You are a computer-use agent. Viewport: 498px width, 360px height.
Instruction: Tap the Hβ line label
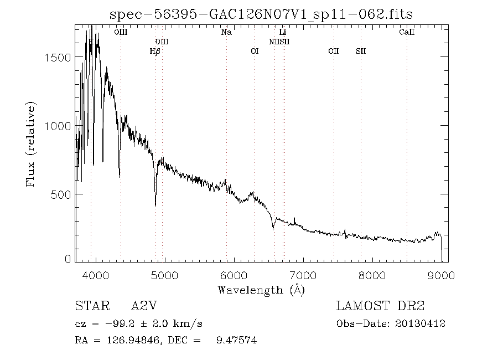(x=155, y=52)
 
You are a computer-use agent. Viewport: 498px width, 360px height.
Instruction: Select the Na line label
(x=226, y=33)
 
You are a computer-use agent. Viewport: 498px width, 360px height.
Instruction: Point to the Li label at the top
(x=282, y=33)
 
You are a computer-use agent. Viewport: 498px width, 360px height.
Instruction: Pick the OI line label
(x=255, y=52)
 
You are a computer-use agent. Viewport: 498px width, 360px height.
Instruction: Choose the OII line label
(x=333, y=52)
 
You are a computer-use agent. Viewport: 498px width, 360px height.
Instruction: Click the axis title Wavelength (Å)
(x=261, y=289)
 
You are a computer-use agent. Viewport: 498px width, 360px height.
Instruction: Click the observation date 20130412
(x=420, y=324)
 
